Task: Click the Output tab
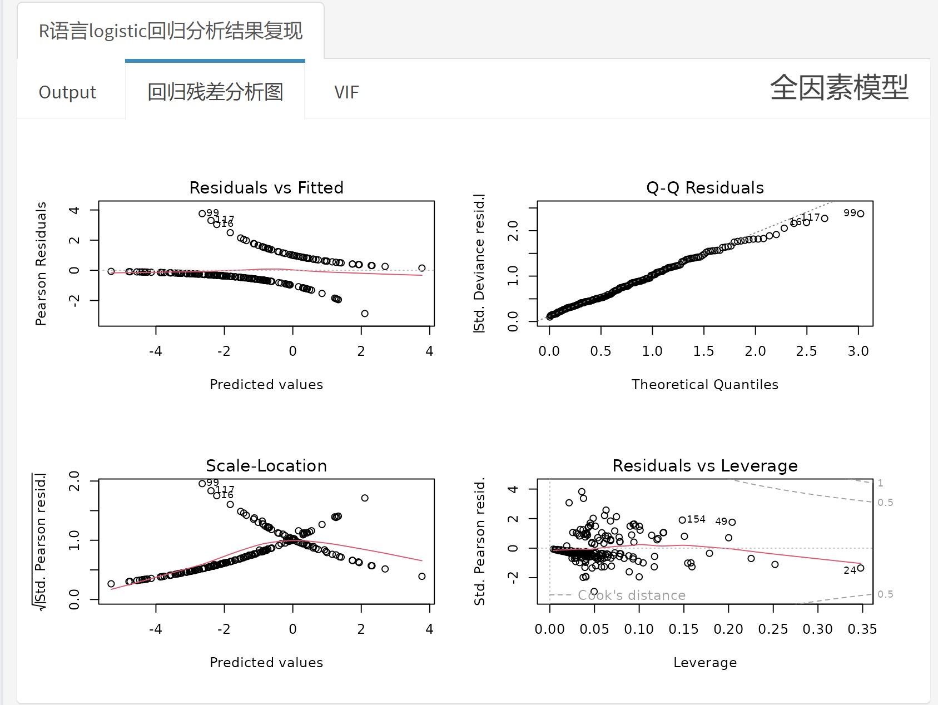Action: pyautogui.click(x=67, y=92)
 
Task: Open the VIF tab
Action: pyautogui.click(x=346, y=92)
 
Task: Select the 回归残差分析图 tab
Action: pyautogui.click(x=215, y=92)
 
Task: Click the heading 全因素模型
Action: pyautogui.click(x=838, y=88)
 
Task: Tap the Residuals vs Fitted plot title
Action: pyautogui.click(x=266, y=187)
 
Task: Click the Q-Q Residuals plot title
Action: pyautogui.click(x=704, y=187)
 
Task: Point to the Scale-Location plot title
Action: pyautogui.click(x=266, y=465)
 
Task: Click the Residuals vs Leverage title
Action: pyautogui.click(x=704, y=465)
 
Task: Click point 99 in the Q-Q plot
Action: pyautogui.click(x=861, y=214)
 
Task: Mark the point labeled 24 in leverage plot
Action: pyautogui.click(x=861, y=568)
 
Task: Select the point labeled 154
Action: pyautogui.click(x=682, y=520)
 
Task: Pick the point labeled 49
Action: pyautogui.click(x=733, y=522)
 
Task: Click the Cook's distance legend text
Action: pyautogui.click(x=631, y=595)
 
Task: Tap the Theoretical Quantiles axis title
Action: pyautogui.click(x=704, y=384)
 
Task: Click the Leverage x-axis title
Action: pyautogui.click(x=704, y=662)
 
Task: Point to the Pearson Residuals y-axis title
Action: pyautogui.click(x=41, y=264)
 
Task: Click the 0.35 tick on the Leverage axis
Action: pyautogui.click(x=862, y=629)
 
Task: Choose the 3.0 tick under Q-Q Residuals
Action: pyautogui.click(x=858, y=351)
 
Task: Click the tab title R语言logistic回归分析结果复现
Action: pyautogui.click(x=170, y=31)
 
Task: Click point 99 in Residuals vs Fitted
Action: pyautogui.click(x=202, y=214)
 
